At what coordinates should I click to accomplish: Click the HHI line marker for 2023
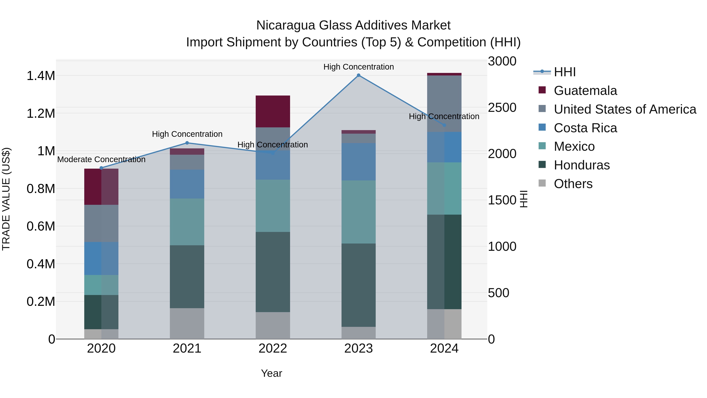358,75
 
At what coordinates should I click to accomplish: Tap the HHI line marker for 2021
187,143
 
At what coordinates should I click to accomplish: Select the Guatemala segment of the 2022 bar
273,111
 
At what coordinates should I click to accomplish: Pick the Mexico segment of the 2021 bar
187,222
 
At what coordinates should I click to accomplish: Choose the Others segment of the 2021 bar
187,323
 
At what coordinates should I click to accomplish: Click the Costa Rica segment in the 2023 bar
358,162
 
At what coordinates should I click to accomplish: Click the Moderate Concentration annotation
101,159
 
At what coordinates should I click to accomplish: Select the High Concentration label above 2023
358,67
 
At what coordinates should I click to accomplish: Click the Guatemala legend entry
585,91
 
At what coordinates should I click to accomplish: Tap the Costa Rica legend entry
585,128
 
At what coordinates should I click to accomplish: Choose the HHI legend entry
565,72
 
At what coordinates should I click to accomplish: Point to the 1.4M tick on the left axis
41,76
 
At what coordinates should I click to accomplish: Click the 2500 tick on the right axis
502,108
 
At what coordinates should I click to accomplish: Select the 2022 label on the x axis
273,348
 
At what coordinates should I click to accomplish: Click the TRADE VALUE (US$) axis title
6,199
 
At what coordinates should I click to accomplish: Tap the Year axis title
271,373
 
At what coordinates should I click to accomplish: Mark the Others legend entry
573,184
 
